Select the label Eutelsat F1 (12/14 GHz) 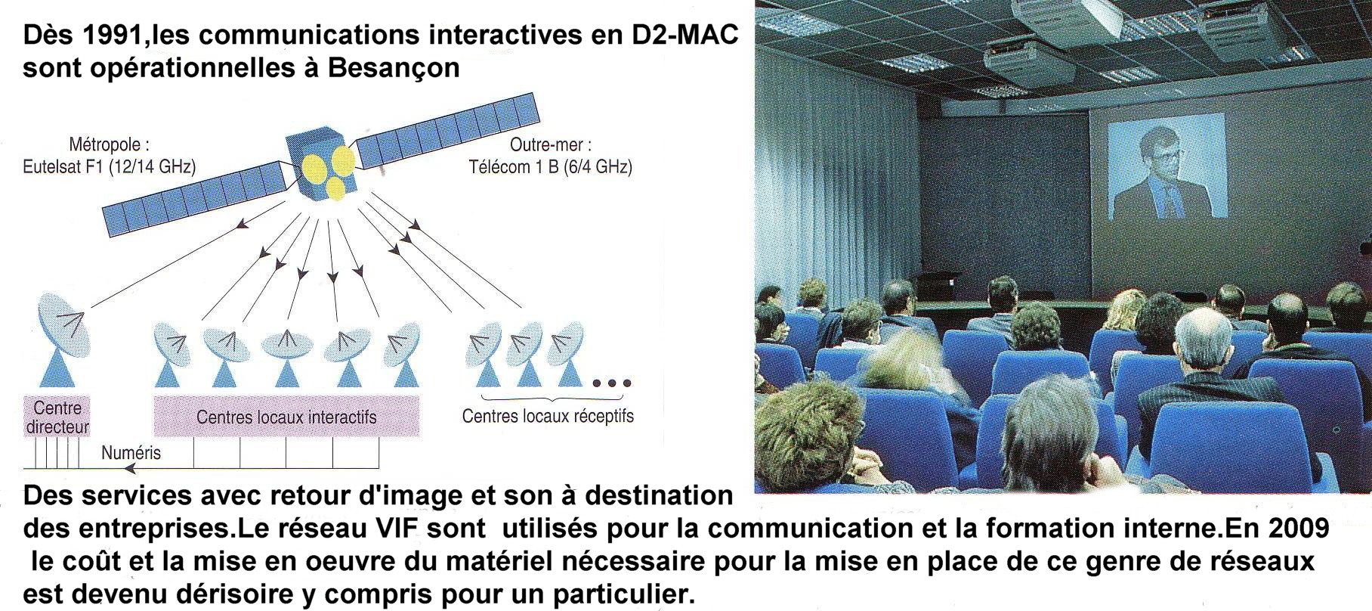(x=110, y=166)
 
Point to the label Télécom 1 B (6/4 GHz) (x=550, y=166)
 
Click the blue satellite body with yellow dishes (x=322, y=166)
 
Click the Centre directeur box (x=57, y=417)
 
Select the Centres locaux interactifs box (x=286, y=417)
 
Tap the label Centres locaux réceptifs (x=548, y=416)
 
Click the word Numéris (x=131, y=453)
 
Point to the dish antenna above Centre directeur (x=63, y=340)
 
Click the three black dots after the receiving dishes (x=611, y=383)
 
